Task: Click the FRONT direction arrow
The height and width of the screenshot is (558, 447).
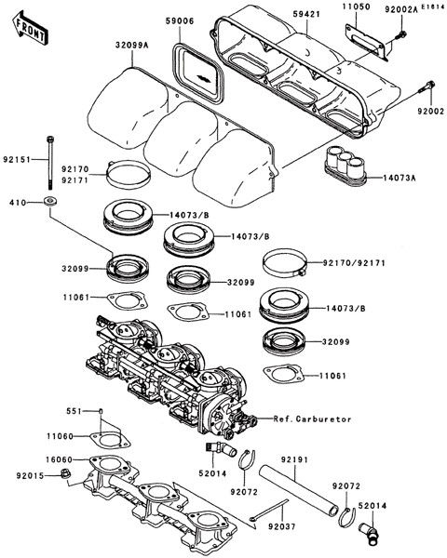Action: pos(30,29)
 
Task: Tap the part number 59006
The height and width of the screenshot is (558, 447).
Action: pos(180,21)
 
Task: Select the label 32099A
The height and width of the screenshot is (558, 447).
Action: pos(132,46)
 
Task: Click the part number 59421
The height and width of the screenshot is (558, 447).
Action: pos(307,15)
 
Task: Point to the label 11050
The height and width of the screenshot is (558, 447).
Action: pos(357,7)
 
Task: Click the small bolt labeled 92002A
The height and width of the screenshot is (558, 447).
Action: pos(400,35)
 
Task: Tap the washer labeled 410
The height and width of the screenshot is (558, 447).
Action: pos(50,201)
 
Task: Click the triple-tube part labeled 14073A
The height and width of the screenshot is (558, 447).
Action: pos(345,166)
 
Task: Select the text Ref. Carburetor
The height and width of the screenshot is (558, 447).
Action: pos(313,419)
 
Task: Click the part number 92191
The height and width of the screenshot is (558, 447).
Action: pos(294,460)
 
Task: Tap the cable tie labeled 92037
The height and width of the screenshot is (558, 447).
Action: pos(269,510)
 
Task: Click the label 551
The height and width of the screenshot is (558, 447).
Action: pos(74,411)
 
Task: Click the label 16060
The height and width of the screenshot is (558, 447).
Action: pos(59,459)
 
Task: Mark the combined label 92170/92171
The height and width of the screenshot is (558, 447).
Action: pos(354,263)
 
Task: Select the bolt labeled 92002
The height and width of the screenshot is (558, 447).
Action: pos(426,87)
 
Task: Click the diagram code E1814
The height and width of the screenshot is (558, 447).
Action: pos(433,7)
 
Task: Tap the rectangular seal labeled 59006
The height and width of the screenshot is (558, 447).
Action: pos(198,73)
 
